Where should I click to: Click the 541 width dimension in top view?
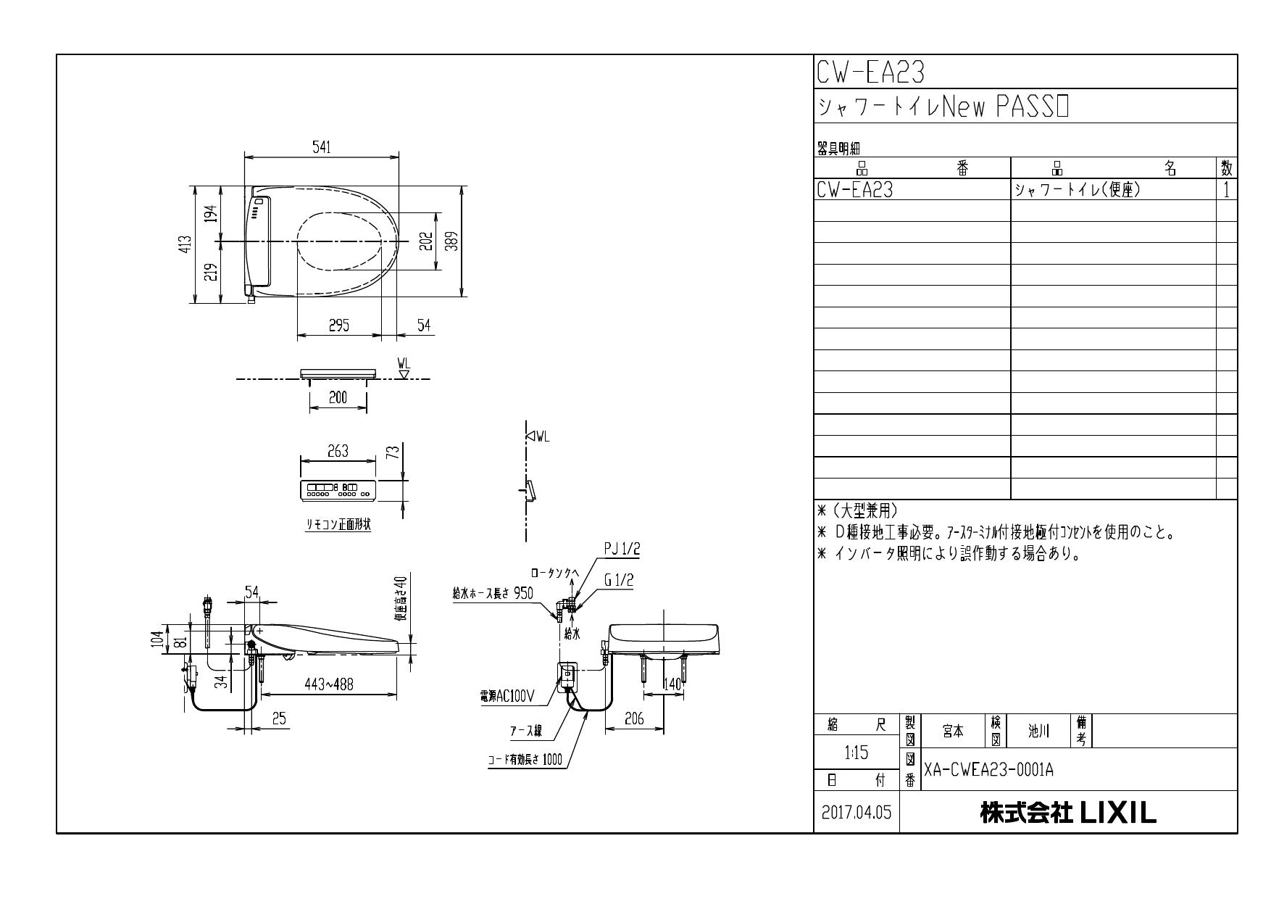322,147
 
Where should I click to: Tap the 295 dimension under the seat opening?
338,326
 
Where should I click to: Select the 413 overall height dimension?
187,244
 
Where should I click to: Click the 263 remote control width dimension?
338,450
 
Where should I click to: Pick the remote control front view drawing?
338,491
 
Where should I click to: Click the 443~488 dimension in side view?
328,684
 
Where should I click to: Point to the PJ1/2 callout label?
622,550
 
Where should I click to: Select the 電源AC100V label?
507,697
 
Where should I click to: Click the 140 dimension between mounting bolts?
672,684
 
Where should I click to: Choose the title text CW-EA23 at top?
870,72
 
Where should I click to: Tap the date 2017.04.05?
857,813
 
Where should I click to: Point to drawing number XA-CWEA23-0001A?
988,770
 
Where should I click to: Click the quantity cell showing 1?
1226,190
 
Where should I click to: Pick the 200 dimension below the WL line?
338,397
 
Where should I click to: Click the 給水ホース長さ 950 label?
493,593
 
